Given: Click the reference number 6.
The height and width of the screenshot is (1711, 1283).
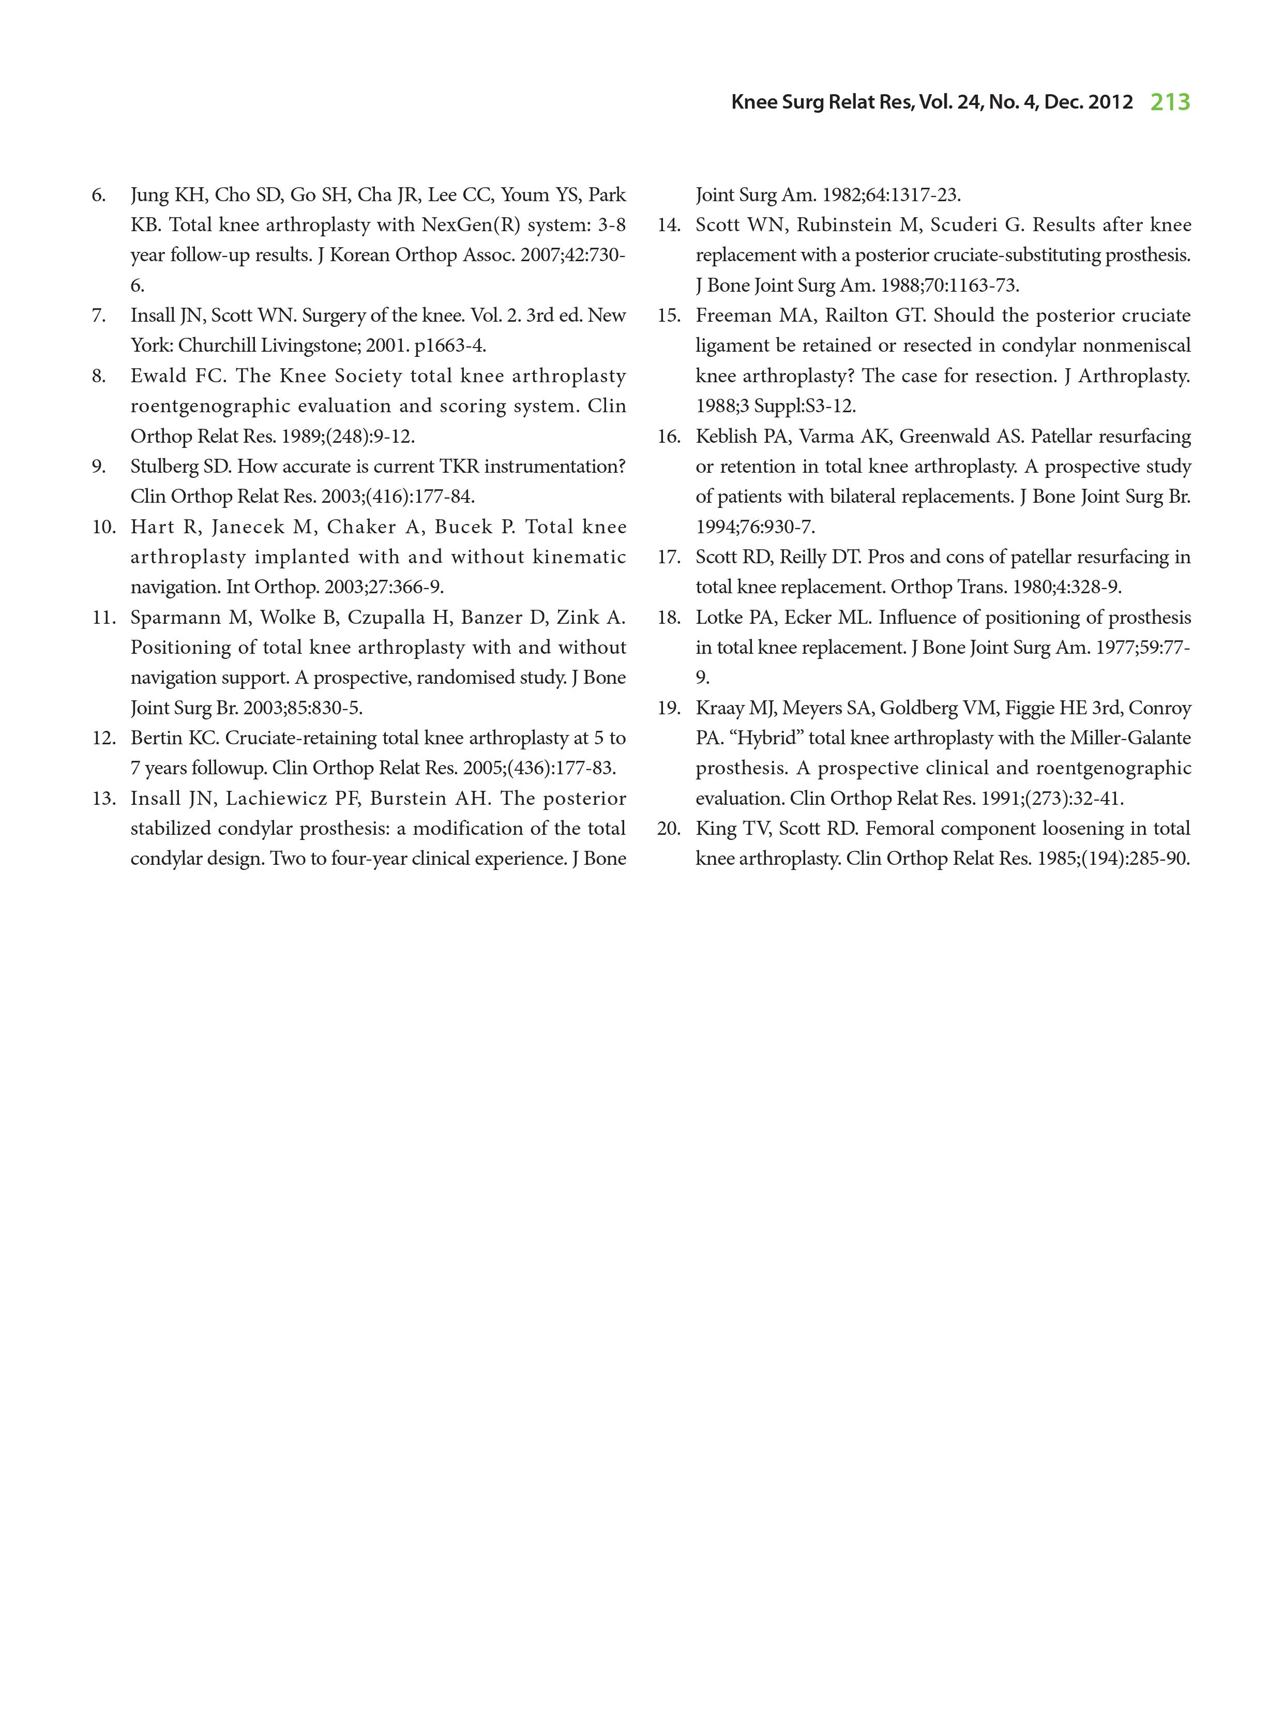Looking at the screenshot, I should [x=98, y=195].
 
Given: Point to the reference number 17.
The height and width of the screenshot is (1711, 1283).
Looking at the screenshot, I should [x=669, y=557].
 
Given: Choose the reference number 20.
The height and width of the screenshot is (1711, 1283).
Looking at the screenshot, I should [x=669, y=829].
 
